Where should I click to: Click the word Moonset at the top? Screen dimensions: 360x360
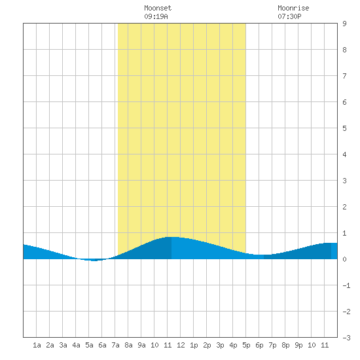click(158, 8)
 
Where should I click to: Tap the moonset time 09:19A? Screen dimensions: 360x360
click(156, 16)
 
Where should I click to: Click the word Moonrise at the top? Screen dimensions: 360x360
click(293, 8)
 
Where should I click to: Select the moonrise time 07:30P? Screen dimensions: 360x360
click(289, 16)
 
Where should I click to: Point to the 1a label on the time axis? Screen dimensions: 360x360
click(37, 345)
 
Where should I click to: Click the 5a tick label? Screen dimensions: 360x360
click(89, 345)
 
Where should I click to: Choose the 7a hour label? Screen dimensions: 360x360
click(115, 345)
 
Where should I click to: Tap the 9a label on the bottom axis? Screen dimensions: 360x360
click(141, 345)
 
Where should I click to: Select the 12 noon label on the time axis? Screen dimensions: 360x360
click(181, 345)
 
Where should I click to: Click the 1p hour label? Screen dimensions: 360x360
click(194, 345)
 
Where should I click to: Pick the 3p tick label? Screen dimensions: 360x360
click(220, 345)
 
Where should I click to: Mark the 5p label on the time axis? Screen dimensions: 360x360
click(246, 345)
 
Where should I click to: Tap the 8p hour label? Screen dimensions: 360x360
click(285, 345)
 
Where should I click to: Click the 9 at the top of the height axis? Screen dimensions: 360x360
click(344, 24)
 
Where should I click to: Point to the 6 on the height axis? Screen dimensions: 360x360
click(344, 102)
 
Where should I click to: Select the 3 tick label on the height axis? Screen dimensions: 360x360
click(344, 181)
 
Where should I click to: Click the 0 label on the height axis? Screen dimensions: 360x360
click(344, 259)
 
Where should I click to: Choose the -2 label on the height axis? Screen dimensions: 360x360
click(346, 312)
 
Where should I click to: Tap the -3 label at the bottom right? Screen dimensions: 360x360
click(346, 338)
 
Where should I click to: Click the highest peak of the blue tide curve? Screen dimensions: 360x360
click(171, 237)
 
